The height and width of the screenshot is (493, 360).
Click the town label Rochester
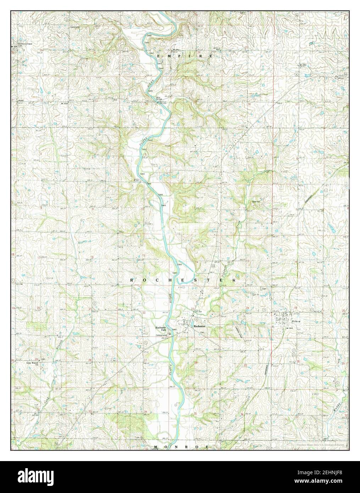(199, 326)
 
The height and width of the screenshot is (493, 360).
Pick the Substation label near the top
(75, 27)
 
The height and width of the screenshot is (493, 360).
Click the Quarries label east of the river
(256, 202)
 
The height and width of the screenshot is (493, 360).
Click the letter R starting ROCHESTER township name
(132, 280)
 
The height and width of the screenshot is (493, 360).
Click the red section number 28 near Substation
(95, 52)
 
